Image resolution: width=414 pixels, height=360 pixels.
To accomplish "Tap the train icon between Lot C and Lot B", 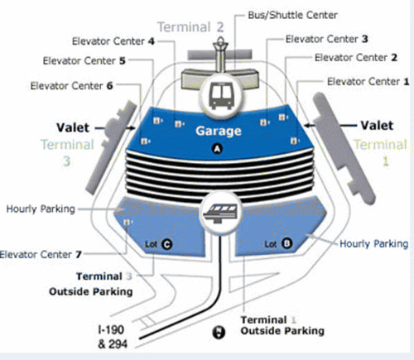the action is pos(220,213).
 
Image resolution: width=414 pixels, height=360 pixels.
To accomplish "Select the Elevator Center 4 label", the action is pos(113,41).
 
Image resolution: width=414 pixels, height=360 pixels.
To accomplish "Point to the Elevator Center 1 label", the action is pos(368,82).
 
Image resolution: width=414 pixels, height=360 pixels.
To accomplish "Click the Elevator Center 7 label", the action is pos(41,254).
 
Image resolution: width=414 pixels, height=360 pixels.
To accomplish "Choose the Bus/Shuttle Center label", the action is pos(292,15).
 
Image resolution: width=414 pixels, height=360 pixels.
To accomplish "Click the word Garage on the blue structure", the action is pos(219,131).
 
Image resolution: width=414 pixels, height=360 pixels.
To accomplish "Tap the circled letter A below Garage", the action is pos(217,149).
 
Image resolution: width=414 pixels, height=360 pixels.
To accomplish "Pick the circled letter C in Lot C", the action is pos(166,244).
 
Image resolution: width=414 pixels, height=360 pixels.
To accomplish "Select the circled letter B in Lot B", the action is pos(286,243).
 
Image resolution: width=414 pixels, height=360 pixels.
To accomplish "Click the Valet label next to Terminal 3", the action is pos(73,127).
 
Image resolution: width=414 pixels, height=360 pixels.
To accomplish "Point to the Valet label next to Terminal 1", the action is pos(377,126).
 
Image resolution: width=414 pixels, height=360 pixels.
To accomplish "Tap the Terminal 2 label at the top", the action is pos(190,27).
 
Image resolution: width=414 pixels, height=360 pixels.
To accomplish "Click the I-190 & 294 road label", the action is pos(113,337).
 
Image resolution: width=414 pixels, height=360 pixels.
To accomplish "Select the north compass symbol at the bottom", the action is pos(219,332).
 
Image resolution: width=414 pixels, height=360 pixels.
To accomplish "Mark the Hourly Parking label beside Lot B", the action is pos(373,244).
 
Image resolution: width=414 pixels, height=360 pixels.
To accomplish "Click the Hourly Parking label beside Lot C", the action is pos(41,209).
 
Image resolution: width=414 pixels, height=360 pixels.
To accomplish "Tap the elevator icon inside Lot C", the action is pos(128,222).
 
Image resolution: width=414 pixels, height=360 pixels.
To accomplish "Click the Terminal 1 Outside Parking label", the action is pos(282,325).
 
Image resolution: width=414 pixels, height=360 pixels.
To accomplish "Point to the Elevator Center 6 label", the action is pos(71,86).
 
